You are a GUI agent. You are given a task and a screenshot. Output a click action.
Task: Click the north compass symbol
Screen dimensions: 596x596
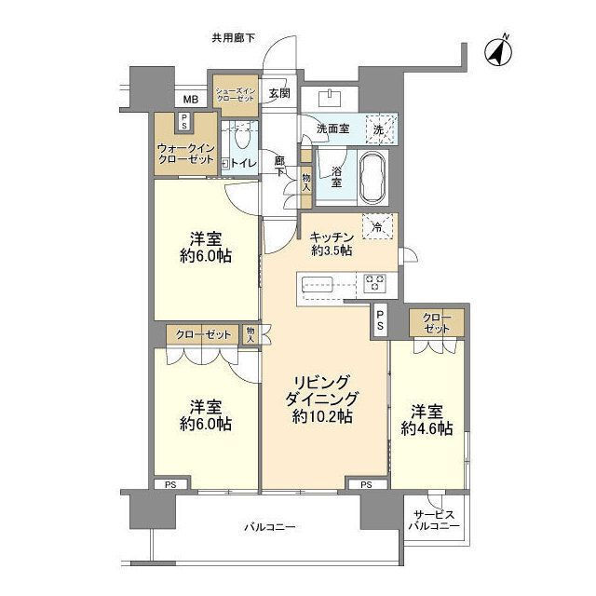point(499,52)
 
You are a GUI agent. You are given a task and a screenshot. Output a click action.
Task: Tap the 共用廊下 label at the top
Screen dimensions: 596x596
point(234,37)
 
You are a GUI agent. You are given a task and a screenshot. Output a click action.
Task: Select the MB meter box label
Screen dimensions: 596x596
point(191,100)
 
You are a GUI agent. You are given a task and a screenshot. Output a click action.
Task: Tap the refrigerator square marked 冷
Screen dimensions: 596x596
point(377,226)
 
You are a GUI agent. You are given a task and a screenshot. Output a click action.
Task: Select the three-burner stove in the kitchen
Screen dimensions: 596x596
point(374,283)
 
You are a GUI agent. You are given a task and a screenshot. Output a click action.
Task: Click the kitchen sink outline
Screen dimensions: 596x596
point(317,284)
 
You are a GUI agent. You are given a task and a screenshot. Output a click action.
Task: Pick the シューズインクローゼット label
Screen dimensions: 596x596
point(236,95)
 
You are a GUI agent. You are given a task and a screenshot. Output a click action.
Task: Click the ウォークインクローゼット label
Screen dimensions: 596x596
point(186,154)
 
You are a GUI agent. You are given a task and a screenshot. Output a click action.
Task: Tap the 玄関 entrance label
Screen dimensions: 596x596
point(279,93)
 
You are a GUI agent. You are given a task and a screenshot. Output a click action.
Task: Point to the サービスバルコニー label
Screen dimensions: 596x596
point(434,521)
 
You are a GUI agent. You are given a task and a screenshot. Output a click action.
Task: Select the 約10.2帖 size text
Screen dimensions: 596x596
point(322,417)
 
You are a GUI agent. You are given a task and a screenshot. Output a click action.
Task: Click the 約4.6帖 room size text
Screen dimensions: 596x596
point(427,428)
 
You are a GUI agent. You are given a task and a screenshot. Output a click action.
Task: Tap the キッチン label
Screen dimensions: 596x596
point(332,237)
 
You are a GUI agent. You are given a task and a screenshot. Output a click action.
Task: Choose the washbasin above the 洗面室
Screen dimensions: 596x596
point(330,99)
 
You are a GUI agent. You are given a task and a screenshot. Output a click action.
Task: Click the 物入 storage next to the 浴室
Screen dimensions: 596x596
point(306,183)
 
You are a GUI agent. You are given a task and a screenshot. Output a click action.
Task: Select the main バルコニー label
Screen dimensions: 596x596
point(270,527)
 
